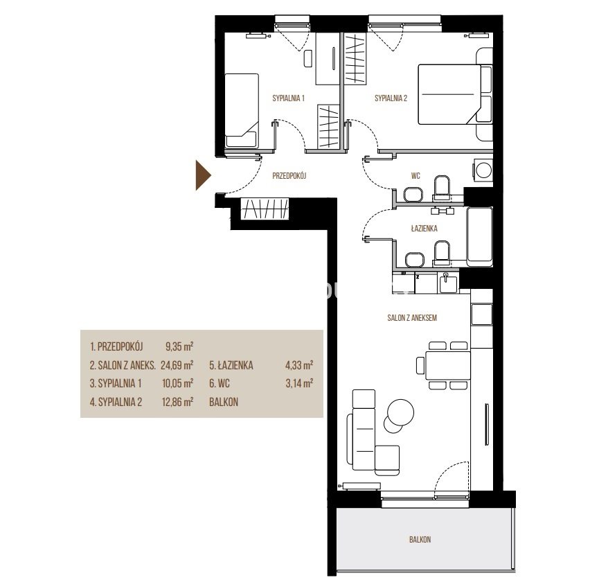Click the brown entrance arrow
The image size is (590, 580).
coord(203,175)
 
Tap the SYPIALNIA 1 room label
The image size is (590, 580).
coord(289,98)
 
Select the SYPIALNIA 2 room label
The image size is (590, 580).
coord(391,98)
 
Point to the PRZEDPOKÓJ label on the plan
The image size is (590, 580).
coord(289,175)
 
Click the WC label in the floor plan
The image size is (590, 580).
coord(415,175)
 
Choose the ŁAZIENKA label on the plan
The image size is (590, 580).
coord(424,228)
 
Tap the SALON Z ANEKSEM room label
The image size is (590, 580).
coord(412,318)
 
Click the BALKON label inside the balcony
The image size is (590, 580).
coord(420,540)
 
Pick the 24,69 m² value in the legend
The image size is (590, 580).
coord(177,365)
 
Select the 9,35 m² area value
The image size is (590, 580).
coord(179,346)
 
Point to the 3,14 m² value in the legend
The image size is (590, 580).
coord(300,383)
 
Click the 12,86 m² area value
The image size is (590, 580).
coord(177,402)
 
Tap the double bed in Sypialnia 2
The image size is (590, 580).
coord(455,94)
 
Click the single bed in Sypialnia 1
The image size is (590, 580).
coord(242,110)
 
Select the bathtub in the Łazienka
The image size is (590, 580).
coord(479,236)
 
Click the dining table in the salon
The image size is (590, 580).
coord(448,365)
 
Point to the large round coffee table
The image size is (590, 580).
coord(401,412)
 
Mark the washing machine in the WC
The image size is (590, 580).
coord(483,170)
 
